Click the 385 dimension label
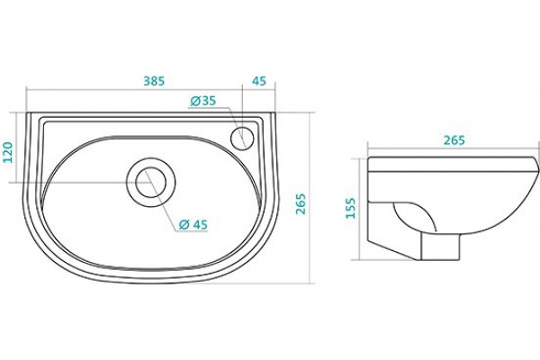point(154,81)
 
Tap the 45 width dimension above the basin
point(259,81)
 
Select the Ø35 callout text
point(202,101)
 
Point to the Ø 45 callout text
point(193,225)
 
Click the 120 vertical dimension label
point(7,152)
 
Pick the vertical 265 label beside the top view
point(301,204)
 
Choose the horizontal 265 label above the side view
point(454,140)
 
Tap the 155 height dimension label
point(350,208)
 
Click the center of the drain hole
point(151,182)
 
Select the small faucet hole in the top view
point(242,138)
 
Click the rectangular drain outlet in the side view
point(441,246)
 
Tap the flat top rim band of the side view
point(452,165)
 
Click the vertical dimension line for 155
point(359,209)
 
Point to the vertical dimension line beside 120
point(16,147)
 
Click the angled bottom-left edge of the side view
point(393,250)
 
